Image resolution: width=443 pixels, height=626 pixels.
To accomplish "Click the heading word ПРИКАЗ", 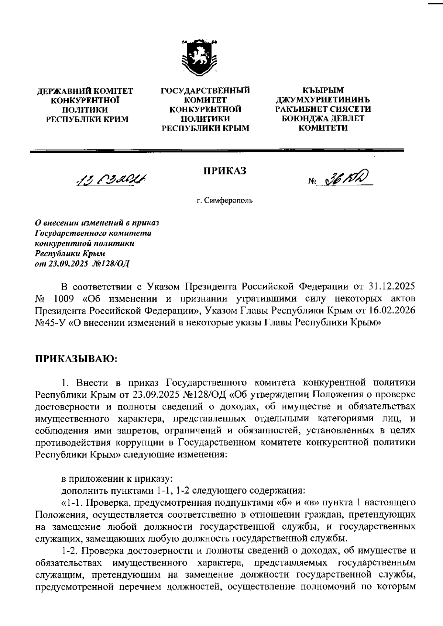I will click(x=225, y=170).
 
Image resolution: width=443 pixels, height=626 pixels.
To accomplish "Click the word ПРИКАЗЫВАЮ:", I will click(x=76, y=359).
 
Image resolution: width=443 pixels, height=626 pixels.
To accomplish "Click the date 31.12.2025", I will click(x=392, y=286).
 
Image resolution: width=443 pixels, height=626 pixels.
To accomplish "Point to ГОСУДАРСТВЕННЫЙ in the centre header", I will click(x=205, y=90).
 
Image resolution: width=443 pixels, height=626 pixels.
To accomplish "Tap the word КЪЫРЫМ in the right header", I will click(x=323, y=90).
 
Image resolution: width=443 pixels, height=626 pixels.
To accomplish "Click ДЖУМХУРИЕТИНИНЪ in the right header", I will click(x=323, y=100).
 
